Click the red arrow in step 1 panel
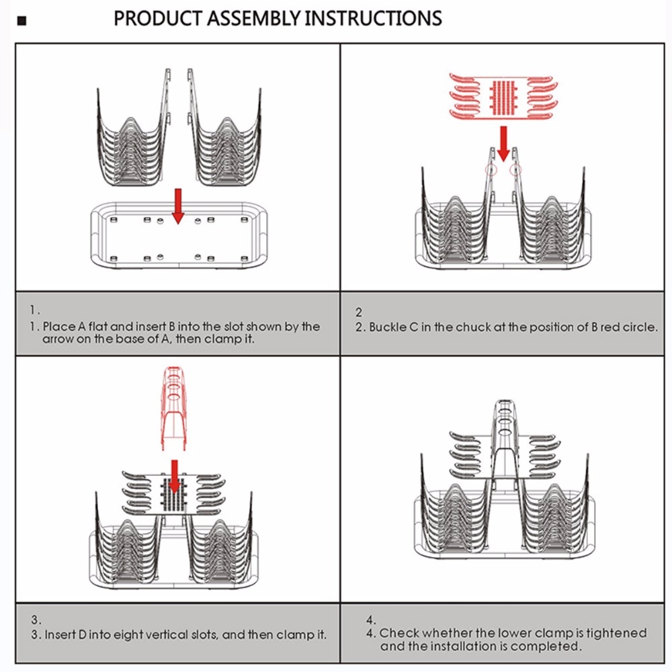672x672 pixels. click(178, 206)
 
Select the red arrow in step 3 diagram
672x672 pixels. click(175, 476)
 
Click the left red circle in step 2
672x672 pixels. click(492, 171)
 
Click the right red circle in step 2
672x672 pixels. click(516, 171)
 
